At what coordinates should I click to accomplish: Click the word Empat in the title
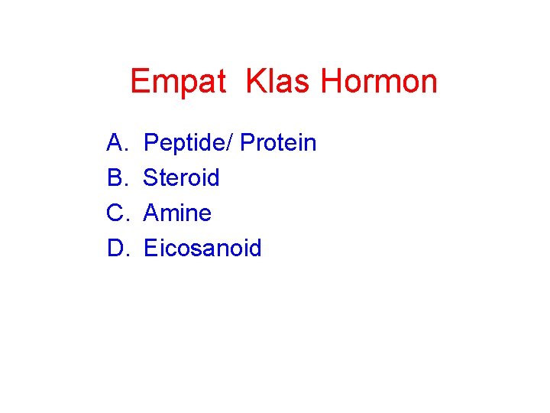(x=178, y=81)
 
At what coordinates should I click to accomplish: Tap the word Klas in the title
(x=279, y=81)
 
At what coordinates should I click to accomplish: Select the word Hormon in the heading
(x=379, y=81)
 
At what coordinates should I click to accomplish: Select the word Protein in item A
(x=278, y=142)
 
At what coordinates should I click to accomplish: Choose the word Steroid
(x=182, y=177)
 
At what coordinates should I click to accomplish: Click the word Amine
(x=177, y=213)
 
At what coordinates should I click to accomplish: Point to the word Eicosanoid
(x=202, y=248)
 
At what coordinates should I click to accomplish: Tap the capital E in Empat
(x=140, y=81)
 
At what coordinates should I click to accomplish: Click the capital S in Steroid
(x=151, y=177)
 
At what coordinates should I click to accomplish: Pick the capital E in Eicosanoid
(x=150, y=248)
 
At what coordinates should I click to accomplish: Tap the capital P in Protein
(x=247, y=142)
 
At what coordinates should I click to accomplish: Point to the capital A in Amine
(x=151, y=213)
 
